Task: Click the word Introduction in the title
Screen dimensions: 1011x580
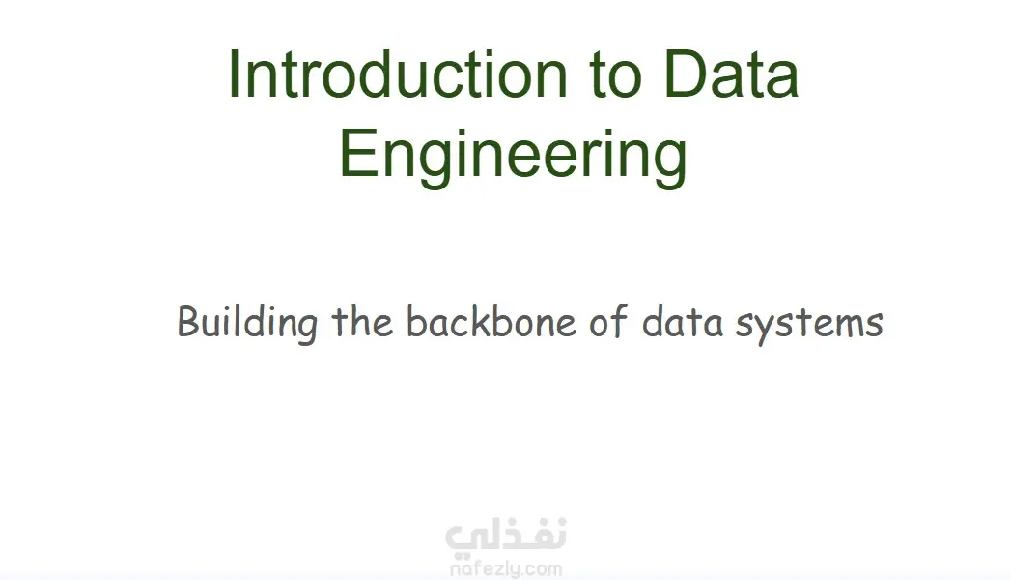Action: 398,74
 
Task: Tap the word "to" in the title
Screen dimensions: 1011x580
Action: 616,76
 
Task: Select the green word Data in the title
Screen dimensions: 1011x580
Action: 731,74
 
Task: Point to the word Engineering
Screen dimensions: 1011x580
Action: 514,155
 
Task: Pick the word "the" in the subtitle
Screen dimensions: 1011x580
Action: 362,321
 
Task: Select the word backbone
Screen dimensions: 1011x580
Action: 491,321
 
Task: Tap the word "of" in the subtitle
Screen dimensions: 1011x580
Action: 608,321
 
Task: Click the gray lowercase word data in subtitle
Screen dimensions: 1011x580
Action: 682,321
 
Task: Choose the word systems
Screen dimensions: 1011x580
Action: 810,325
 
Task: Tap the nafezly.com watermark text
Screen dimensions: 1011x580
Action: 506,569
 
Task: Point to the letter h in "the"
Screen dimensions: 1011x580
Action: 362,321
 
